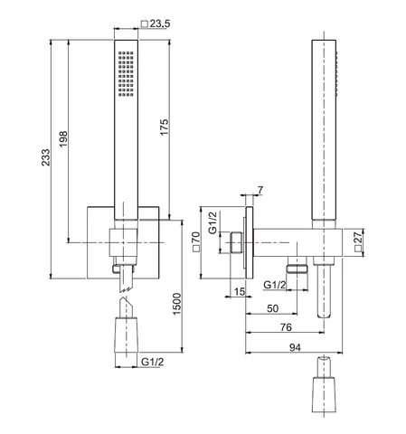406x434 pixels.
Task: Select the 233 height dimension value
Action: coord(46,157)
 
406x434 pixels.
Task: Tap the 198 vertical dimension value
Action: coord(63,139)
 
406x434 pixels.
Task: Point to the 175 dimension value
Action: coord(165,127)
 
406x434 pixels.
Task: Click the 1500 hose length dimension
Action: coord(177,304)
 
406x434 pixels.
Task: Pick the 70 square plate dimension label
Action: coord(196,241)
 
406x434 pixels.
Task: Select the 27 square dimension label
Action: coord(358,241)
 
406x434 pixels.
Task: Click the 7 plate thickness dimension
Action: coord(260,190)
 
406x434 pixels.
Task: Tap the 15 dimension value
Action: coord(240,291)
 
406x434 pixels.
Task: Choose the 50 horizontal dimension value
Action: coord(273,308)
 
